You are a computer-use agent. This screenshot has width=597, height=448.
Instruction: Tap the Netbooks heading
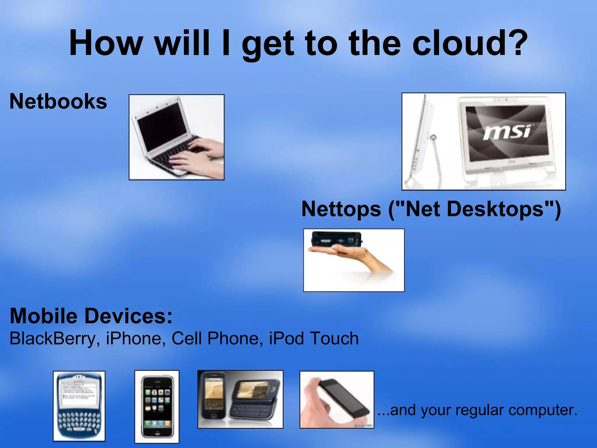(58, 101)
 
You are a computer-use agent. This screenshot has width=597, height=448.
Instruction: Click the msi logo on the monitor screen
(507, 132)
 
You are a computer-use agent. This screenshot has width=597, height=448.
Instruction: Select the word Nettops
(341, 209)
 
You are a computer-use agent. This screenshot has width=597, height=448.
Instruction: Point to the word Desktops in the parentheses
(496, 209)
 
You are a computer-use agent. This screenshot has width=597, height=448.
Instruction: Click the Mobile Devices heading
(91, 316)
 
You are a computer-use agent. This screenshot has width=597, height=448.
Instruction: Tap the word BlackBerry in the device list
(52, 339)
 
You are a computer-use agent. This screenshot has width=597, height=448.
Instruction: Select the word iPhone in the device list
(134, 339)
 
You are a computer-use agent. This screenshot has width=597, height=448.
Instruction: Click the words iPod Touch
(313, 339)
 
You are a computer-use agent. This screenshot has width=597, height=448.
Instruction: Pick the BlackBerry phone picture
(79, 406)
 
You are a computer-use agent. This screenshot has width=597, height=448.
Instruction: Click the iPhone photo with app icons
(157, 407)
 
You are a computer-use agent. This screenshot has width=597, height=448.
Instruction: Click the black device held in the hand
(344, 399)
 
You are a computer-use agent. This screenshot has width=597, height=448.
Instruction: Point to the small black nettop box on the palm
(337, 239)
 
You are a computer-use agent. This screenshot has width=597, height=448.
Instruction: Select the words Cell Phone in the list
(215, 339)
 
